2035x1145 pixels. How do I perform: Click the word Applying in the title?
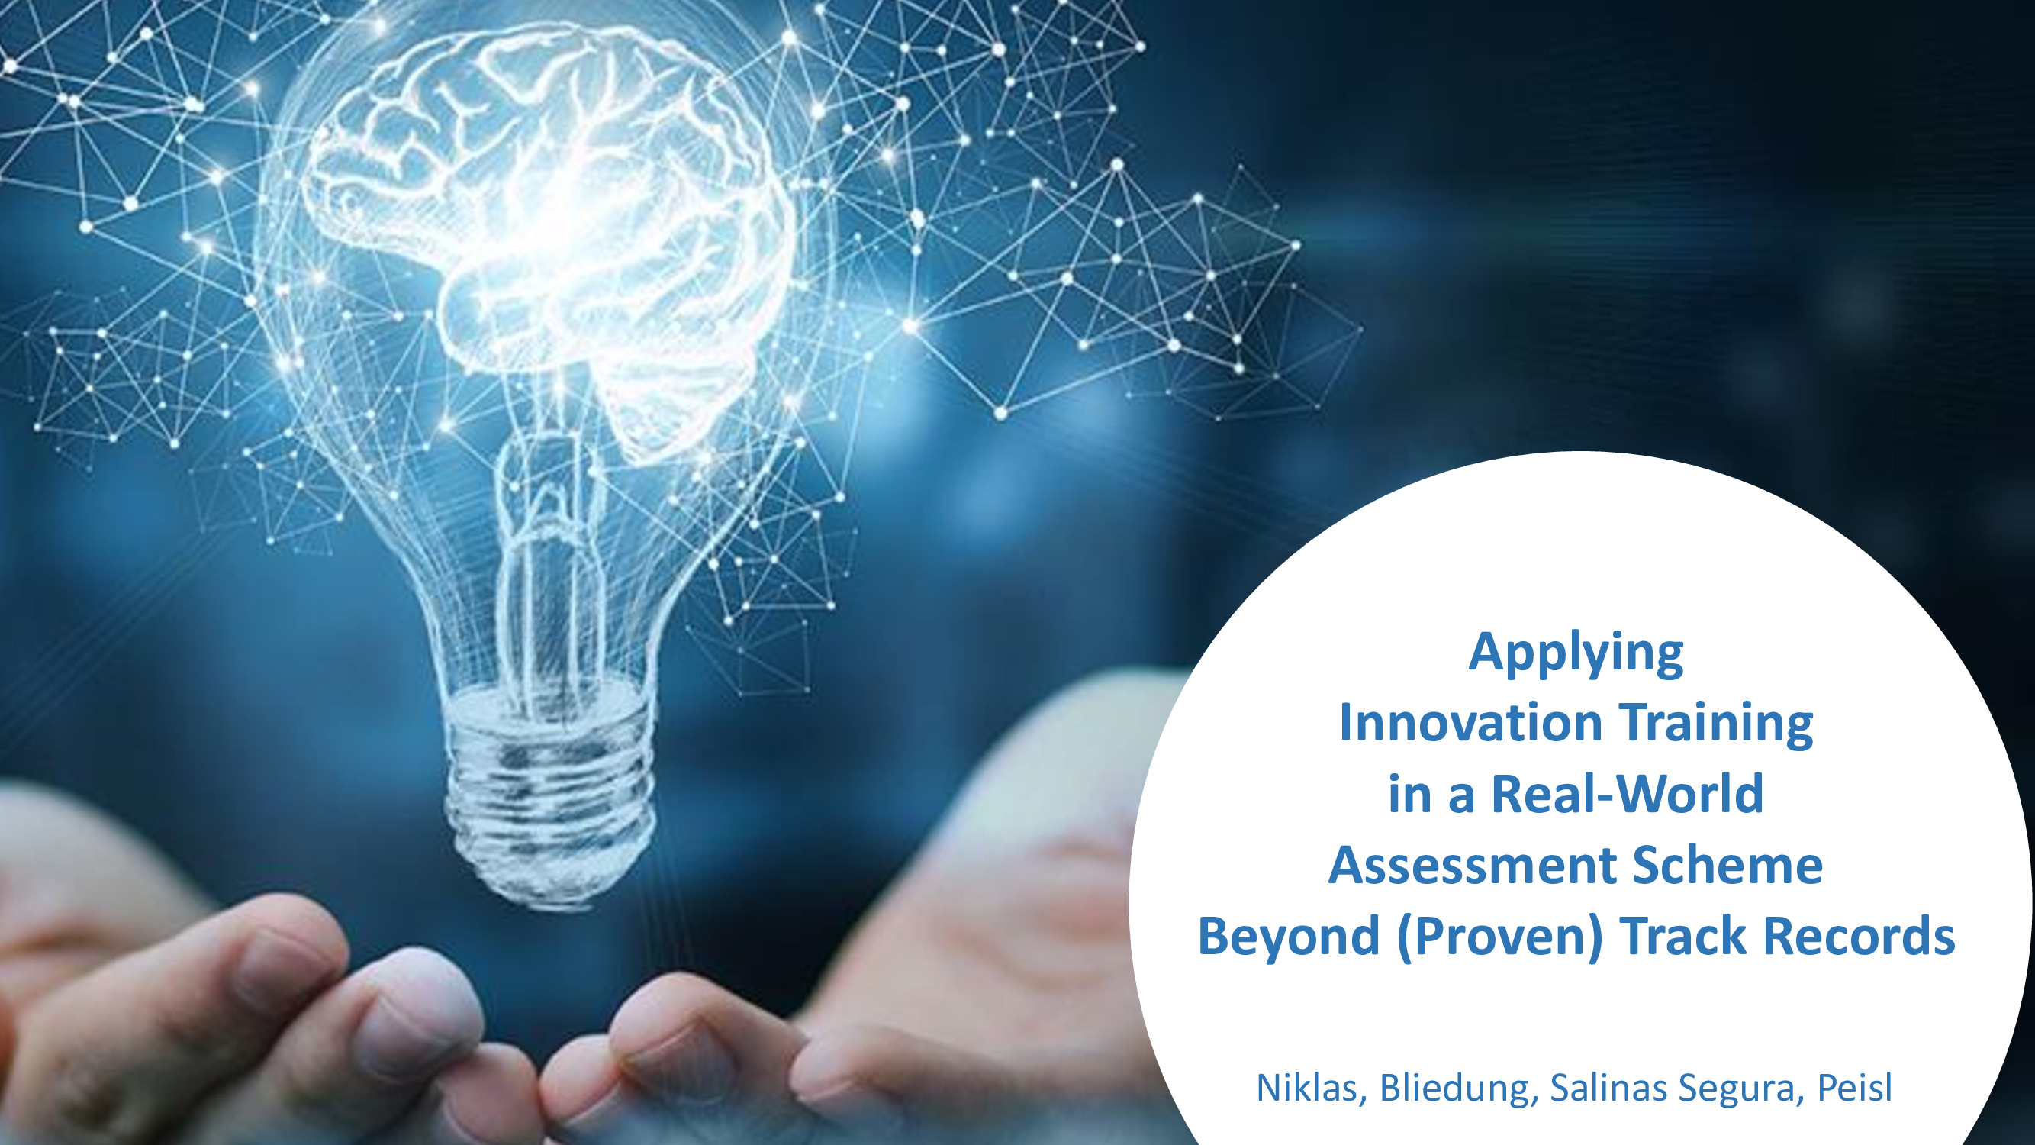(x=1576, y=653)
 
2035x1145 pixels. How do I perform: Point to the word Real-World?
(x=1628, y=793)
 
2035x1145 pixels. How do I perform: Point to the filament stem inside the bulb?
(x=545, y=553)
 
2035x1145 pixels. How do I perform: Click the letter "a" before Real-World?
(x=1461, y=799)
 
